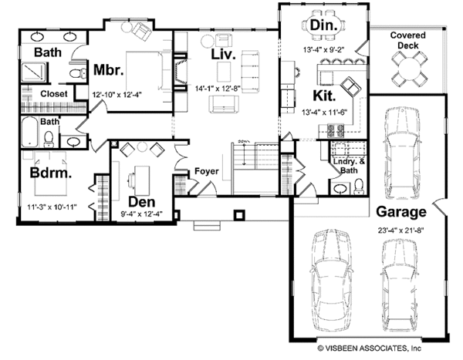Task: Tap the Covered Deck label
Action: (408, 42)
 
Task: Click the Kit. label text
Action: (324, 96)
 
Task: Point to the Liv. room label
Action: (225, 55)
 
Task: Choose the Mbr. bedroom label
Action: (110, 69)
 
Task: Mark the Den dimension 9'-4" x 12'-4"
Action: (142, 216)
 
